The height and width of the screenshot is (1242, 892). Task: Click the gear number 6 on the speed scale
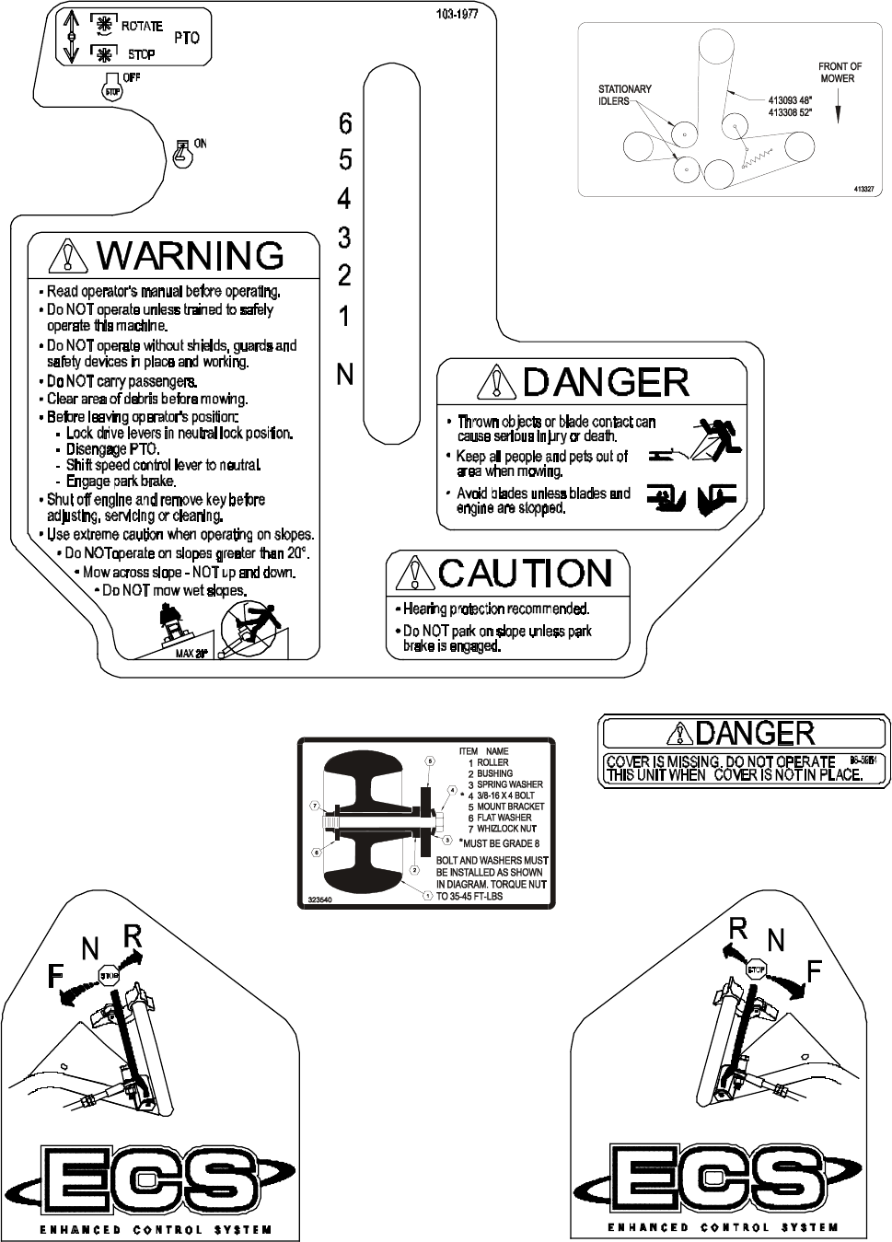tap(345, 122)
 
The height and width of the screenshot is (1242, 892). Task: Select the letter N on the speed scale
tap(345, 374)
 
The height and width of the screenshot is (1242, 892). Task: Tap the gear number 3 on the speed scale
tap(345, 238)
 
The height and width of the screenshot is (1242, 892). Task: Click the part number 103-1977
tap(457, 16)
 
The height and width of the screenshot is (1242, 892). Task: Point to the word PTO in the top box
tap(186, 39)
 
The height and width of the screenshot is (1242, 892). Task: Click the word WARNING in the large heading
tap(191, 255)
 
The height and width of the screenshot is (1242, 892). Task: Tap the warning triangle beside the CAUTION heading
tap(414, 575)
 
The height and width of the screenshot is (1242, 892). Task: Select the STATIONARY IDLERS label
tap(625, 95)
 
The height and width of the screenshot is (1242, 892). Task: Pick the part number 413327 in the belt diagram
tap(863, 188)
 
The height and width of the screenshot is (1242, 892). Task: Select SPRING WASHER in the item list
tap(509, 784)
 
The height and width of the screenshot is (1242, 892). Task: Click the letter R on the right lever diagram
tap(737, 928)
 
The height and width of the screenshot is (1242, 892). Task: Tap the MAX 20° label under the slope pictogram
tap(191, 654)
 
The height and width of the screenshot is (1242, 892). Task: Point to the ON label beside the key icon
tap(200, 144)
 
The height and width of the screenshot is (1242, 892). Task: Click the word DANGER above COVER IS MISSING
tap(755, 733)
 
